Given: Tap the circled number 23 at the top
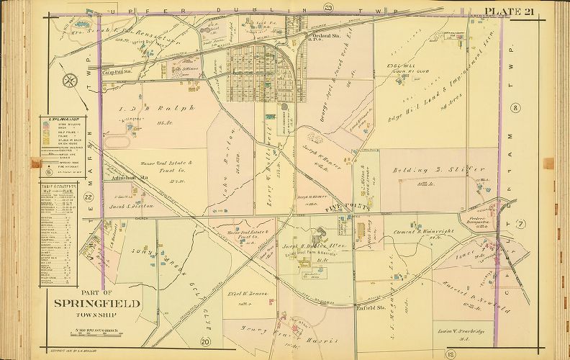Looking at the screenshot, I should pos(329,7).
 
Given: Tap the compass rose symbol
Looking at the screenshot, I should pos(71,81).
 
